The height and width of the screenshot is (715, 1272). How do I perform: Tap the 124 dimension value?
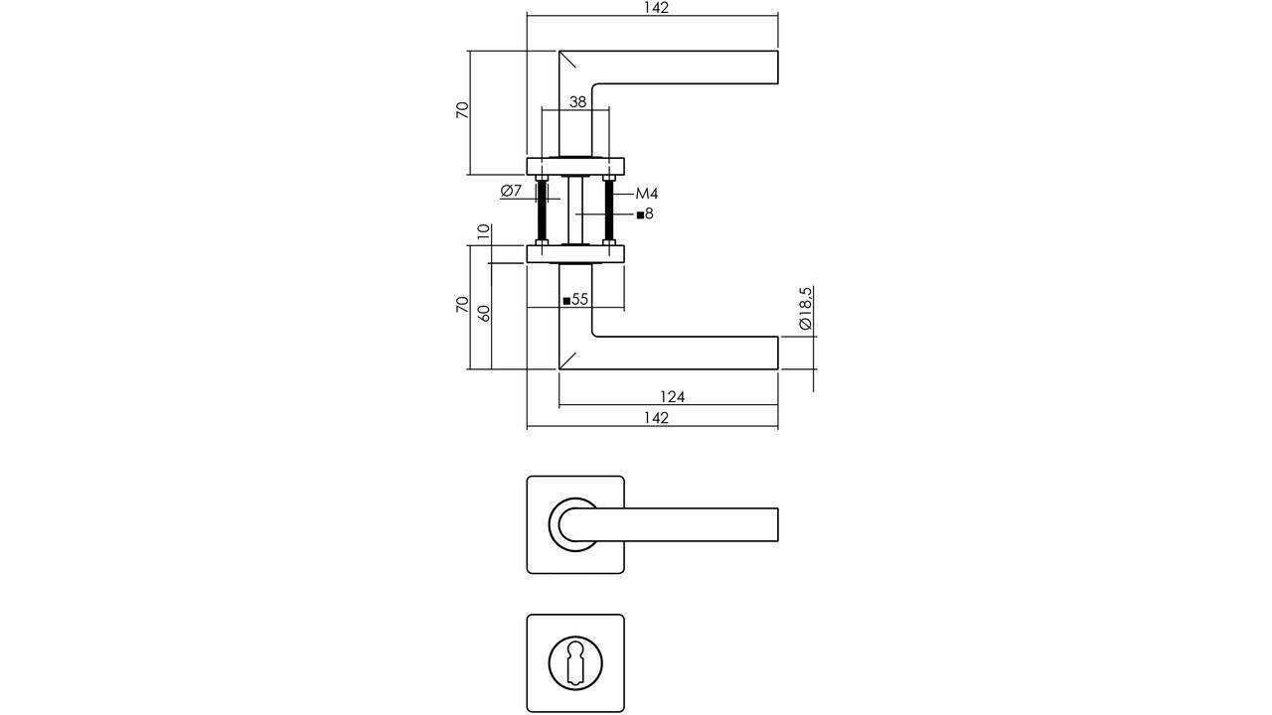click(672, 397)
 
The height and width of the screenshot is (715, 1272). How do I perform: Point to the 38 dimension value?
click(576, 101)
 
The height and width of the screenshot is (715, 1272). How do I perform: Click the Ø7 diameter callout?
click(511, 191)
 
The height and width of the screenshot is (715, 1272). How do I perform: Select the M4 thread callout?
click(647, 194)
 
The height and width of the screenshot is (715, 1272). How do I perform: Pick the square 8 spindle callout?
click(645, 214)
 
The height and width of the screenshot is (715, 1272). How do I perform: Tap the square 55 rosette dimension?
click(576, 299)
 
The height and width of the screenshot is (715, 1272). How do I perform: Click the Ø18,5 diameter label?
click(806, 309)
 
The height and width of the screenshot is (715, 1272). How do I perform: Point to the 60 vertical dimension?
click(484, 311)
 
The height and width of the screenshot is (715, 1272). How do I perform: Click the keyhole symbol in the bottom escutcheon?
click(575, 662)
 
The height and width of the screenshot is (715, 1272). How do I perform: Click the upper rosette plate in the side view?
click(575, 166)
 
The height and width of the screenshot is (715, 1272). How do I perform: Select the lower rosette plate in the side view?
click(575, 254)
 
